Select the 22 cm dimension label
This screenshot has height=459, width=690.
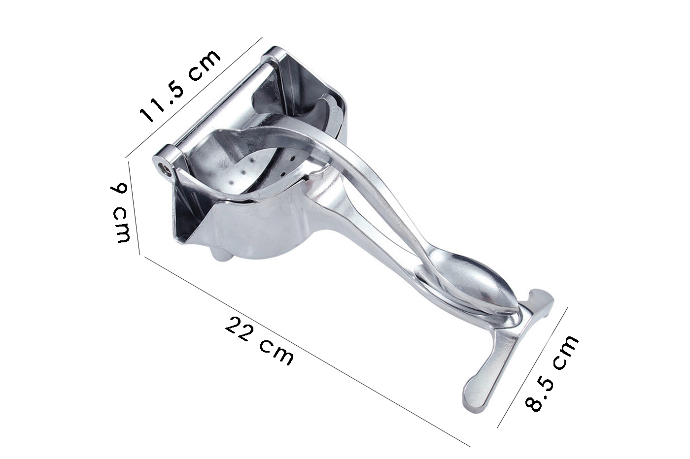[259, 341]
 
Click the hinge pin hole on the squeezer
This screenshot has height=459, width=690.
[162, 168]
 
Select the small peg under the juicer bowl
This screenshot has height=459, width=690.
[221, 254]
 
